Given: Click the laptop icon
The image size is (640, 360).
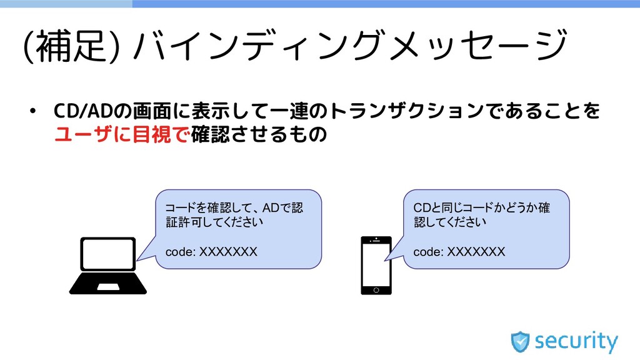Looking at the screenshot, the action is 107,266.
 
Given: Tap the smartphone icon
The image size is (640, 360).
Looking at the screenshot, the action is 376,265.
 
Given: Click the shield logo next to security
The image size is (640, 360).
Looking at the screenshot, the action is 520,341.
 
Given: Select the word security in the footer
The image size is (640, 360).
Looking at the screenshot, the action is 576,342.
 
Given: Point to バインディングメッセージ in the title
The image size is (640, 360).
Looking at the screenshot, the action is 350,47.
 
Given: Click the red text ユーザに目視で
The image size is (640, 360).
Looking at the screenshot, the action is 122,134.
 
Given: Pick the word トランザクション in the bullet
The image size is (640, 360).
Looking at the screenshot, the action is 405,111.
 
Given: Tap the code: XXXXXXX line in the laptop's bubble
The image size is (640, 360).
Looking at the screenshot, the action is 211,252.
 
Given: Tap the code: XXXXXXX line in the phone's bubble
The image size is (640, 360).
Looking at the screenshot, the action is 459,252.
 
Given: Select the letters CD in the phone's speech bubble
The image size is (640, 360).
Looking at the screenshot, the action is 421,207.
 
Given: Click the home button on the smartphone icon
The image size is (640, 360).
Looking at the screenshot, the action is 376,290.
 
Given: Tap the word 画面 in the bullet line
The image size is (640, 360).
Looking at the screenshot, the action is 154,111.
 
